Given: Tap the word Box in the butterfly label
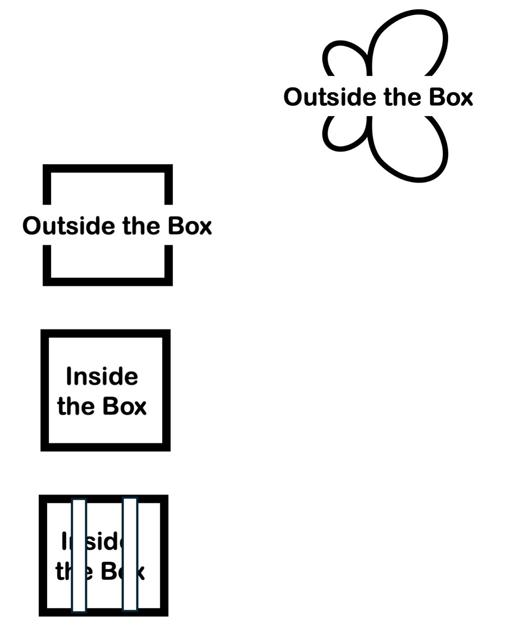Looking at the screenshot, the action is click(450, 97).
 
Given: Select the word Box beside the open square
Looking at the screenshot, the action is click(189, 226).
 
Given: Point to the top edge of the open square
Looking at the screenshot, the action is click(107, 168).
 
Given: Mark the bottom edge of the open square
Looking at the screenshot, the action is click(107, 282).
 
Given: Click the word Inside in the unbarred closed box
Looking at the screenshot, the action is click(102, 377).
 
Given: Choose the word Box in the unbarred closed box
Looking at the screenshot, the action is click(125, 406).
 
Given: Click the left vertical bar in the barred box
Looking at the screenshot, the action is click(79, 555).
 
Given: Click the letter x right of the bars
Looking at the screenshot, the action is click(141, 572).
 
